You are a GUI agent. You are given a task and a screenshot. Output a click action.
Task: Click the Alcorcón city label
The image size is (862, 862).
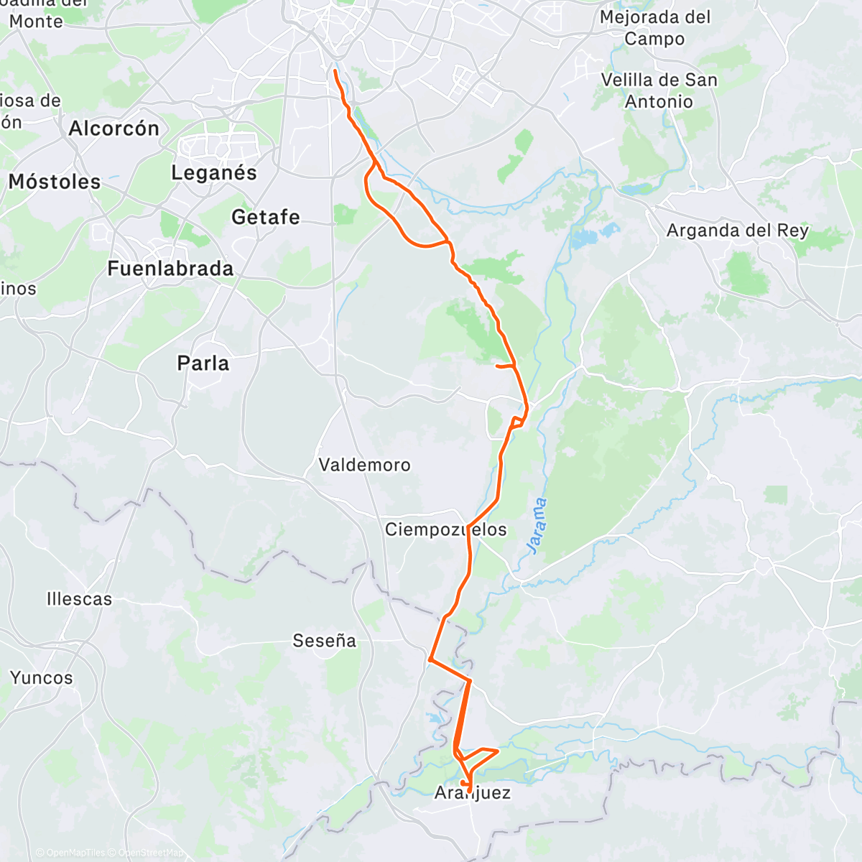pos(113,129)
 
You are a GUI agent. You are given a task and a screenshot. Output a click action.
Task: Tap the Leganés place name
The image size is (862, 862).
pos(213,172)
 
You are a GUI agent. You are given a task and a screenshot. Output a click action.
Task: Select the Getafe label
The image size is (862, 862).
pos(265,216)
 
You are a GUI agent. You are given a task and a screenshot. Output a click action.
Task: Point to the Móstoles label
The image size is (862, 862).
pos(55,182)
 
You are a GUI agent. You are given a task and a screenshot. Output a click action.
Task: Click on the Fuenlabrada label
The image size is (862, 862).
pos(170,269)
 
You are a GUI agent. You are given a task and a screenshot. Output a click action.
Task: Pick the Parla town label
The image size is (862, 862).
pos(203,363)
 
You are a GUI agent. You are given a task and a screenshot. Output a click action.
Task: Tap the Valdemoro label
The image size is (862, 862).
pos(364,465)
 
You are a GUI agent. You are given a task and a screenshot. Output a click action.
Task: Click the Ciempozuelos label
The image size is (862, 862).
pos(445,530)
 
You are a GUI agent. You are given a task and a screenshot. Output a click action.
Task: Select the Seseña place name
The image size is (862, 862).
pos(324,641)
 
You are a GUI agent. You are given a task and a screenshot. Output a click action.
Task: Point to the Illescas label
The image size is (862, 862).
pos(79,599)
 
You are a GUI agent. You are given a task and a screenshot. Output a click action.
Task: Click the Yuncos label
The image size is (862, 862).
pos(42,677)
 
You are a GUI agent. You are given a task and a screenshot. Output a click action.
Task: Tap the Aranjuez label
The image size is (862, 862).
pos(473,793)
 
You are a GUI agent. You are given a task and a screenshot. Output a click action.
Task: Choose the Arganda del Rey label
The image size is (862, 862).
pos(737,231)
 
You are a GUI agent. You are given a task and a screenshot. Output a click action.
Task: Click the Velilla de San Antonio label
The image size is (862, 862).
pos(659,91)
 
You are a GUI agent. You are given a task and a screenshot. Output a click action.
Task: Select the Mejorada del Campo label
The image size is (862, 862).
pos(654,27)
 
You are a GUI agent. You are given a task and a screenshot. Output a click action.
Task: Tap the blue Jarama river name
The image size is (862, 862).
pos(536,526)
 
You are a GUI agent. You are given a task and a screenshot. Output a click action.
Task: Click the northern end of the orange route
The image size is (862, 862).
pos(335,70)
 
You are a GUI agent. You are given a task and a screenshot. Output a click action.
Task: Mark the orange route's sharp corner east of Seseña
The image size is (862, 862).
pos(429,659)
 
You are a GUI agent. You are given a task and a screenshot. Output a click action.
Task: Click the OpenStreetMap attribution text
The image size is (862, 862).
pos(149,853)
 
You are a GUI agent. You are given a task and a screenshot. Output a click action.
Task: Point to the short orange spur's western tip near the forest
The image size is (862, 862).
pos(497,366)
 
